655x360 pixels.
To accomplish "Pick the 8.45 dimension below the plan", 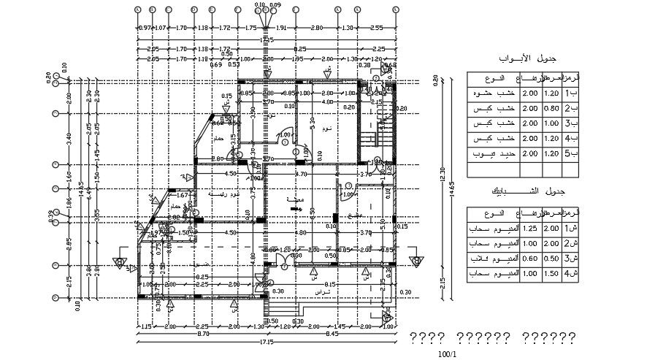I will [332, 334].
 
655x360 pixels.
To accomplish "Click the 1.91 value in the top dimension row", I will [281, 28].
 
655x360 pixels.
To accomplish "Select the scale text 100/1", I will [446, 354].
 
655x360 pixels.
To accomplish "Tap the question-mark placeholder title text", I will [492, 338].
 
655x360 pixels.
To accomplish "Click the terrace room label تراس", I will [321, 291].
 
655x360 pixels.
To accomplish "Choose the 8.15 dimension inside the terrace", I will [330, 285].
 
